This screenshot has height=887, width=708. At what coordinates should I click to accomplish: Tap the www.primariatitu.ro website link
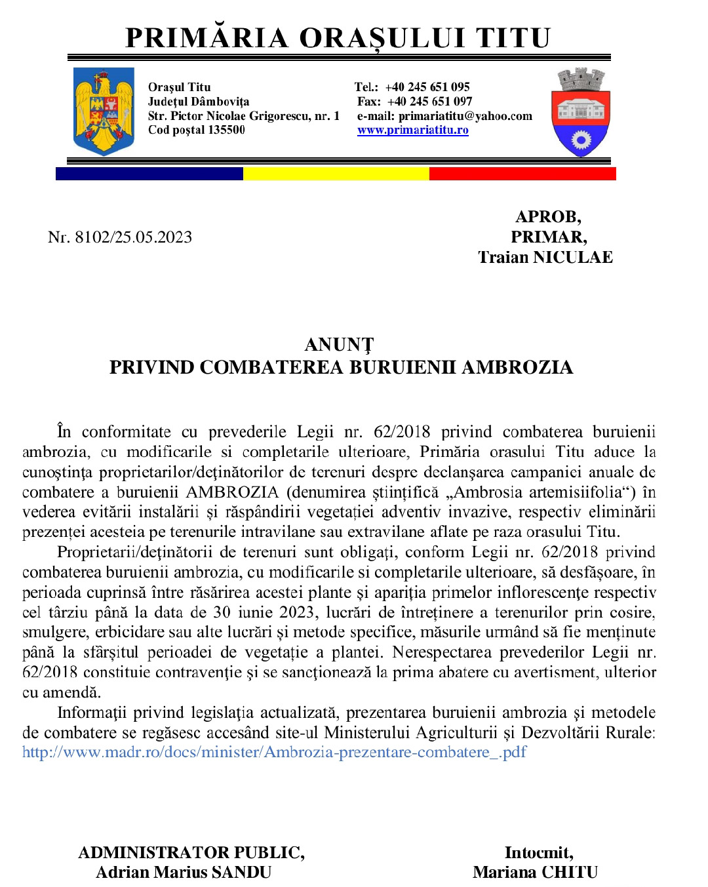pos(412,130)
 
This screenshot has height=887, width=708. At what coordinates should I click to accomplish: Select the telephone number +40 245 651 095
pos(427,87)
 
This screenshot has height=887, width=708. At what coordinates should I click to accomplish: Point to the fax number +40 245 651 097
pos(429,101)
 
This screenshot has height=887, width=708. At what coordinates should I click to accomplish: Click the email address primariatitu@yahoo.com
pos(465,116)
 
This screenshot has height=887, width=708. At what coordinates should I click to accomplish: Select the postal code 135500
pos(226,130)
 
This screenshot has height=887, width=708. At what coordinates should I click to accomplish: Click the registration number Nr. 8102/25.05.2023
pos(120,237)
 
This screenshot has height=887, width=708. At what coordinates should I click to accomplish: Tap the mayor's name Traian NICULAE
pos(545,257)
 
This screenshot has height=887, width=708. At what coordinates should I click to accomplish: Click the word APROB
pos(548,216)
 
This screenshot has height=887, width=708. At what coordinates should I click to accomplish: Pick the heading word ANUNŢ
pos(339,345)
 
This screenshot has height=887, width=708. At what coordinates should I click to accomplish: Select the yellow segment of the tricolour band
pos(336,174)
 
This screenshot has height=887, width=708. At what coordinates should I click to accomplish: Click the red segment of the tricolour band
pos(522,174)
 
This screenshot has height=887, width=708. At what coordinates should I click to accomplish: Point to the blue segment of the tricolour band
pos(149,174)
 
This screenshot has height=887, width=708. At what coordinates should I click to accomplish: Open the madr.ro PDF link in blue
pos(274,752)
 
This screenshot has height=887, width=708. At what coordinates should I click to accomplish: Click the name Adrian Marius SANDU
pos(184,872)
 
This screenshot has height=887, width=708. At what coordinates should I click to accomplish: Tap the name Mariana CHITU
pos(535,872)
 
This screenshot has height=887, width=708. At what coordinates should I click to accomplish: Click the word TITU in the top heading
pos(513,38)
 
